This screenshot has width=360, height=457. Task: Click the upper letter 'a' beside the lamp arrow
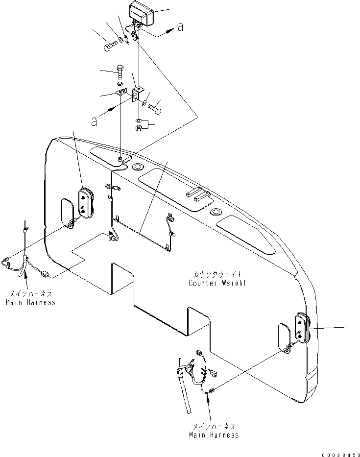coord(181,28)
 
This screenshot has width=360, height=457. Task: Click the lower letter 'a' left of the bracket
coord(94,121)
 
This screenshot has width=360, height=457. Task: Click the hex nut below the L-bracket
coord(139,129)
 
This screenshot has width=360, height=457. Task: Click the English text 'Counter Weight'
coord(217,283)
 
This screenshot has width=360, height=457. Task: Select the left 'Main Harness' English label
coord(30,302)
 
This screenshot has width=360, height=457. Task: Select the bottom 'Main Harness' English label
coord(214,434)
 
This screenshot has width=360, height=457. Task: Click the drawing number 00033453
coord(338,454)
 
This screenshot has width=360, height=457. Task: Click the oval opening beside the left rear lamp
coord(68,210)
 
